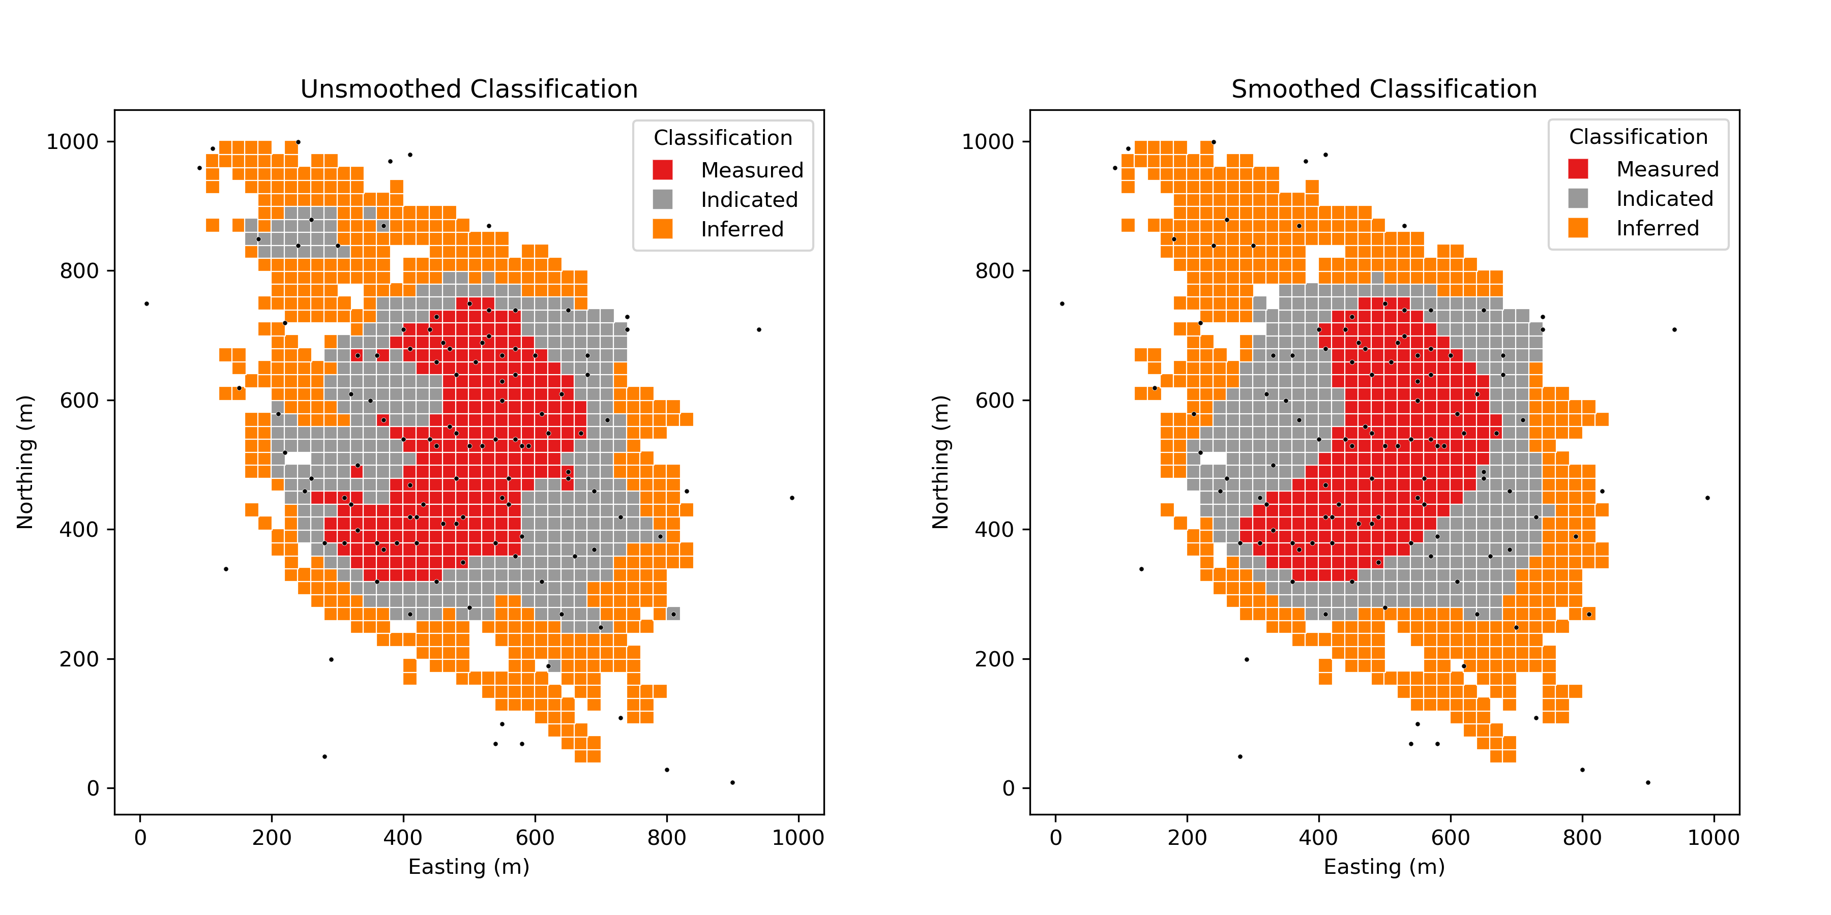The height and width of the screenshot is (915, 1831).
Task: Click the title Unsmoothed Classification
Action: pos(468,89)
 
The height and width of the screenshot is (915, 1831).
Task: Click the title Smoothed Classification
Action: pos(1383,89)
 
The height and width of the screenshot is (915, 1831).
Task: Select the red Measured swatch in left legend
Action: pos(662,170)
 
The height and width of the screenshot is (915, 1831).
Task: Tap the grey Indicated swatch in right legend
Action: pos(1577,198)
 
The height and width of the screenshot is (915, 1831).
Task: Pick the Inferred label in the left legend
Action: pos(742,229)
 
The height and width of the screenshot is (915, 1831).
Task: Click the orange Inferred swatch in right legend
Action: pos(1577,228)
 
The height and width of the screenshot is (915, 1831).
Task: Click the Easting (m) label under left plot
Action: pos(468,867)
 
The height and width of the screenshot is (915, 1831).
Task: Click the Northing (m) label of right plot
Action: pos(940,462)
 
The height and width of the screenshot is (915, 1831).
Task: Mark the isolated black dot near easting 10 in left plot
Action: pos(146,303)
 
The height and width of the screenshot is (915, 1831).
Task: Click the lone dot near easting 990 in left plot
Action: pos(792,498)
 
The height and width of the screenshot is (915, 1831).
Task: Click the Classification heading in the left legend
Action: pos(722,138)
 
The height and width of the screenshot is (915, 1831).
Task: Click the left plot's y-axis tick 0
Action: pos(93,788)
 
